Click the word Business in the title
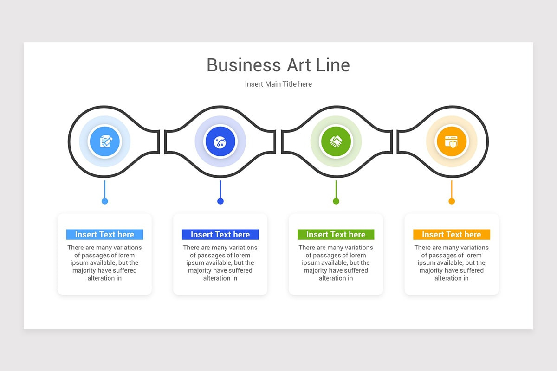pyautogui.click(x=244, y=65)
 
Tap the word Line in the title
pyautogui.click(x=333, y=65)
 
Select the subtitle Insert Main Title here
pyautogui.click(x=278, y=84)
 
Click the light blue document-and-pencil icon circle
pyautogui.click(x=105, y=141)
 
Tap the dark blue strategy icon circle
pyautogui.click(x=220, y=141)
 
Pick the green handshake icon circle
pyautogui.click(x=336, y=141)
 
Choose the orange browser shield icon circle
pyautogui.click(x=452, y=141)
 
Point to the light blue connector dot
pyautogui.click(x=105, y=201)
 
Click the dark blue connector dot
pyautogui.click(x=220, y=201)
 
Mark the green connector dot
pyautogui.click(x=336, y=201)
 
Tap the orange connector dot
pyautogui.click(x=452, y=201)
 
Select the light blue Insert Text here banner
pyautogui.click(x=105, y=234)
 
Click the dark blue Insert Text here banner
pyautogui.click(x=220, y=234)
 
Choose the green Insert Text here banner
pyautogui.click(x=336, y=234)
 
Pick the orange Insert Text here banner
pyautogui.click(x=452, y=234)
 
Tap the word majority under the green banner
pyautogui.click(x=316, y=271)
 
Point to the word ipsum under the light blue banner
pyautogui.click(x=79, y=263)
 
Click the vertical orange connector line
pyautogui.click(x=452, y=189)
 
